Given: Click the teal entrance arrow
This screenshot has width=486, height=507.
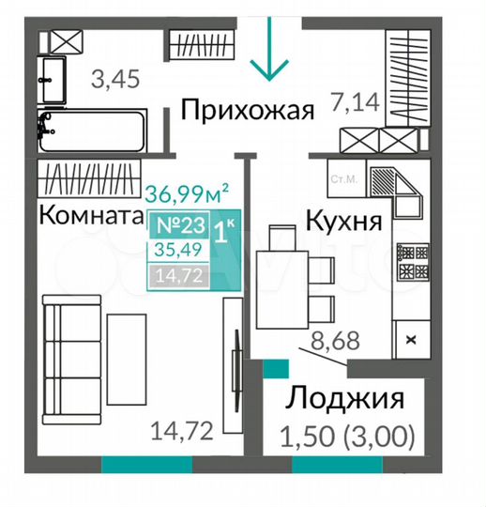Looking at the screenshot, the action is [269, 49].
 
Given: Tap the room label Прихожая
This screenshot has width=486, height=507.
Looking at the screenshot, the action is [247, 110].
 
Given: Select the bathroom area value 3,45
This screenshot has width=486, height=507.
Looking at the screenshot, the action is [115, 79].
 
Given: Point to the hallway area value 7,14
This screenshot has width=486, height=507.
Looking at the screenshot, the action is [355, 101].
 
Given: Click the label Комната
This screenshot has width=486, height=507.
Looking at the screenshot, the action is [91, 215].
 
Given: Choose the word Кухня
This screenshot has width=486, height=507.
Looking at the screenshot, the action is [343, 221].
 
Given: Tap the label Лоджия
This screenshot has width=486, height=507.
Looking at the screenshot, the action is [344, 398].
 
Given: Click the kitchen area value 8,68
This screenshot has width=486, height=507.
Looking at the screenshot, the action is [335, 340].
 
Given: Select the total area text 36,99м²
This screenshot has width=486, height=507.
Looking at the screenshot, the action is [187, 194].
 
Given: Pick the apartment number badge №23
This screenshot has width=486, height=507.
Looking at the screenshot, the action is [181, 225].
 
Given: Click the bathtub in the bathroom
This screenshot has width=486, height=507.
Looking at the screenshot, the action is [93, 131].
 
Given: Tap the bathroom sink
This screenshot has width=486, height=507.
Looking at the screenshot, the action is [53, 80].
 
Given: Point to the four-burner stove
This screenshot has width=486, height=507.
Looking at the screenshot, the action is [414, 261].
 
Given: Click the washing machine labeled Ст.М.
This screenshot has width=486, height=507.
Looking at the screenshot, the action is [346, 178].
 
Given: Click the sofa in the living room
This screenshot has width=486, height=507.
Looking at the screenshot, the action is [72, 360].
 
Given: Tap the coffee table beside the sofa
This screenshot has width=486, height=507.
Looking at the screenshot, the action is [127, 359].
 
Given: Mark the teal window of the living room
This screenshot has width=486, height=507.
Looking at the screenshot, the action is [147, 465].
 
